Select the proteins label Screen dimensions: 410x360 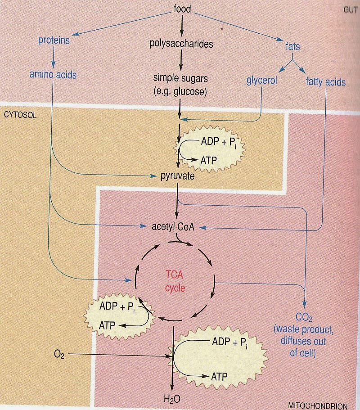point(54,40)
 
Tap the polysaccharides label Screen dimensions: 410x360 point(181,44)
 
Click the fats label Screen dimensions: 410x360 point(292,46)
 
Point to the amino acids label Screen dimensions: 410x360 point(53,75)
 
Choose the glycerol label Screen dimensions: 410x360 point(261,82)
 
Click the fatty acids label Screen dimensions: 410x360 point(325,82)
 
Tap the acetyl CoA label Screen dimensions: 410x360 point(174,227)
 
